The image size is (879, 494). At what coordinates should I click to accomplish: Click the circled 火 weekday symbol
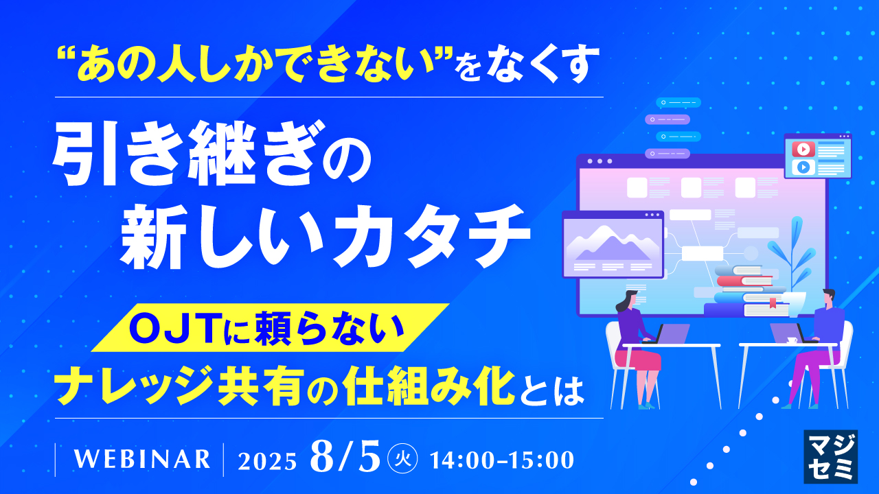coord(400,458)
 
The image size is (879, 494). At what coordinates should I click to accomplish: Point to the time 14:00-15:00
coord(501,460)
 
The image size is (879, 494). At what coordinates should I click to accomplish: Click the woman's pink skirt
coord(641,359)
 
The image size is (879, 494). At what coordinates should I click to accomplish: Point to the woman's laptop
coord(674,333)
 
